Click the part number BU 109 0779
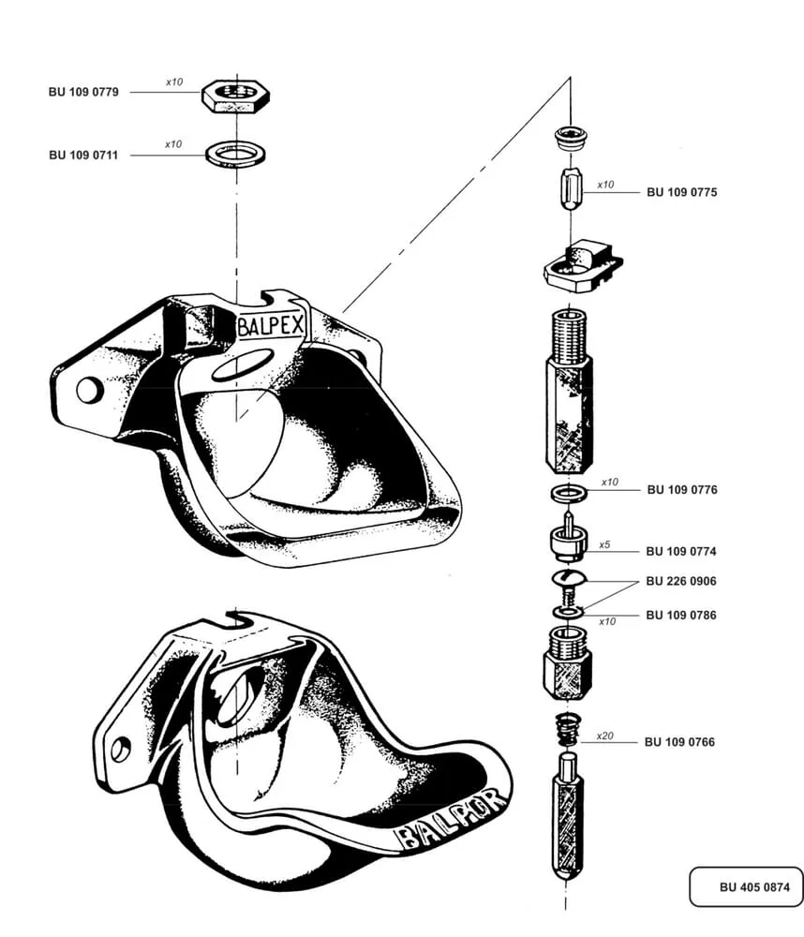click(x=83, y=93)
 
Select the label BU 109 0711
click(x=83, y=156)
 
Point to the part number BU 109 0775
click(x=681, y=192)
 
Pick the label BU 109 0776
click(x=681, y=490)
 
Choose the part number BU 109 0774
click(x=681, y=552)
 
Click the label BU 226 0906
click(x=681, y=582)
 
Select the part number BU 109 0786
click(x=681, y=616)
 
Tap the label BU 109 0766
click(x=679, y=742)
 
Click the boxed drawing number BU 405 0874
click(x=747, y=886)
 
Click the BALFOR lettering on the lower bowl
click(x=454, y=819)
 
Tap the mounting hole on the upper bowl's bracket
click(x=89, y=389)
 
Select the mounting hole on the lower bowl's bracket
click(x=121, y=749)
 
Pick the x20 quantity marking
click(x=604, y=736)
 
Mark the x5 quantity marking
click(x=605, y=544)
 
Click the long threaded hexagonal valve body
click(x=568, y=394)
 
